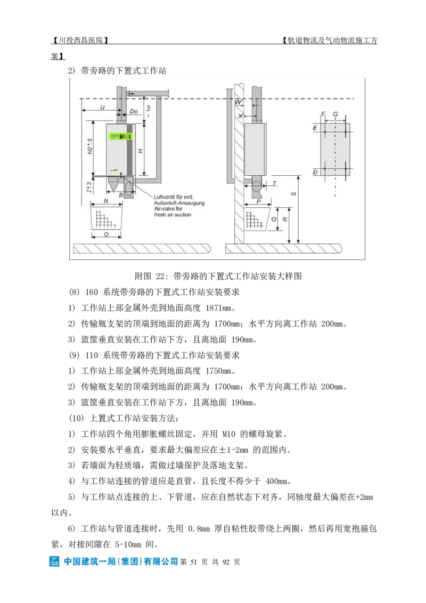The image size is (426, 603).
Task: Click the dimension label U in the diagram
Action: point(102,107)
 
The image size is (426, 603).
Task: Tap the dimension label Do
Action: point(134,111)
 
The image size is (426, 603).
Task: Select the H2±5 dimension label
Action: point(89,146)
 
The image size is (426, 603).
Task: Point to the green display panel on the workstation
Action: point(120,136)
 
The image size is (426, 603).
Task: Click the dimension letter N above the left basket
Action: point(106,201)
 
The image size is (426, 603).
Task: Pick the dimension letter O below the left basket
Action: point(106,234)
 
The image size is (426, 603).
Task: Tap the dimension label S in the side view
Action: point(294,193)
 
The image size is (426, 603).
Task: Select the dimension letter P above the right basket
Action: point(258,201)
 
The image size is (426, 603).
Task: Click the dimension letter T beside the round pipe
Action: point(275,183)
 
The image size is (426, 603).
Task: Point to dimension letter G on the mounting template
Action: point(335,114)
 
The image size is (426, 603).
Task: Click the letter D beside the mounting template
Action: point(315,172)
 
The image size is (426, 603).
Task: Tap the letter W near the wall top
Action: point(239,102)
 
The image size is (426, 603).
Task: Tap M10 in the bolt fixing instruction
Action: point(229,434)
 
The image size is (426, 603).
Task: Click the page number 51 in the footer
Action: point(193,562)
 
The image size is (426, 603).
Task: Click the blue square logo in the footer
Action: point(54,561)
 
